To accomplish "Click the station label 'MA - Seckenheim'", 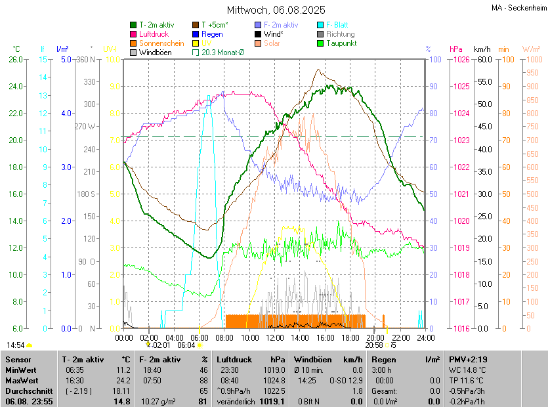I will [518, 7].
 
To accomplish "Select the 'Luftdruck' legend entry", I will [154, 34].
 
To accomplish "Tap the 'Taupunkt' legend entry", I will [341, 43].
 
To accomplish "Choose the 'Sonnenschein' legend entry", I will [161, 43].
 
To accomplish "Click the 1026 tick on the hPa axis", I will [461, 60].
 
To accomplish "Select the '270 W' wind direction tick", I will [85, 127].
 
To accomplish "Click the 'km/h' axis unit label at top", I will [482, 49].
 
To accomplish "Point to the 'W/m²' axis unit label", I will [531, 49].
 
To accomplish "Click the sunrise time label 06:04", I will [186, 345].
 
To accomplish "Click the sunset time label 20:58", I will [374, 345].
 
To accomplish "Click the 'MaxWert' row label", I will [22, 380].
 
